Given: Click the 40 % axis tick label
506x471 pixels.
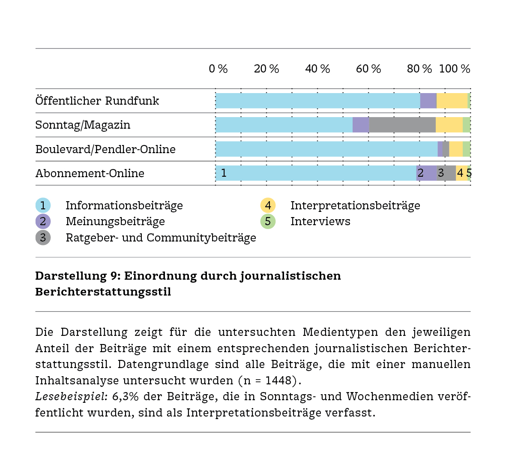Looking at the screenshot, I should coord(317,69).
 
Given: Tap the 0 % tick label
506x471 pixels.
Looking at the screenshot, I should coord(218,69).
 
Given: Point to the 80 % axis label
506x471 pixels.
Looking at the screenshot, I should coord(419,69).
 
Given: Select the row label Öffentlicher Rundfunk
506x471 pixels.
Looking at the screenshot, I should coord(97,101).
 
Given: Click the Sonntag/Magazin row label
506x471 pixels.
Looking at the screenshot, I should coord(83,125).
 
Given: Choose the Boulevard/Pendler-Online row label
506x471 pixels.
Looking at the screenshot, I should coord(105,149).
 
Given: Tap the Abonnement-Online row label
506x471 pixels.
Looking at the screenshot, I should coord(90,173).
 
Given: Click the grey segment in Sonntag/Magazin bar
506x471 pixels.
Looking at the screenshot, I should coord(402,125).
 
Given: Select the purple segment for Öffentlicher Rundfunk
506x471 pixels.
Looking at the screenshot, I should coord(428,101).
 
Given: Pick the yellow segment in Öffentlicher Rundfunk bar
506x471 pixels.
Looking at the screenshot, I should coord(452,101).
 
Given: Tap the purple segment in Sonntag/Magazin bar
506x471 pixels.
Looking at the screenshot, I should coord(361,125).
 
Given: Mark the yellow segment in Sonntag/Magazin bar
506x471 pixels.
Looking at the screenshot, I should coord(449,125).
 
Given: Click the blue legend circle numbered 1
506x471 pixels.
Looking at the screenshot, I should coord(43,205).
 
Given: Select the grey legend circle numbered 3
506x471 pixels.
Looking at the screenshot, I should coord(43,238).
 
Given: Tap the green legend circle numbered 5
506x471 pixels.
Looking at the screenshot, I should coord(268,221).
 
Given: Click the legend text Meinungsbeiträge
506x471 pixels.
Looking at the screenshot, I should coord(115,221).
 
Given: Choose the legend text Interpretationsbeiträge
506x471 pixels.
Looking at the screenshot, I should coord(355,205).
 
